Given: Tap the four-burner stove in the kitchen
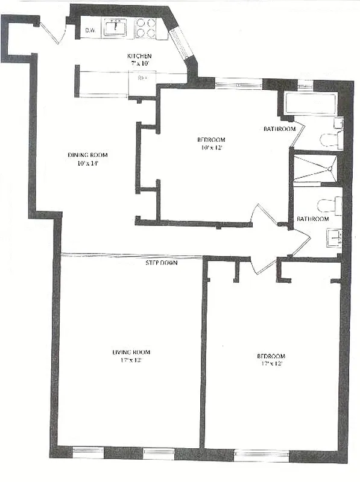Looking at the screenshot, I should [145, 28].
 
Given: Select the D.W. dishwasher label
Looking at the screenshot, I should [91, 30].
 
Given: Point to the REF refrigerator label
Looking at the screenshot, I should [143, 78].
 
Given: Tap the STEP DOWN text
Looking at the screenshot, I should [162, 263].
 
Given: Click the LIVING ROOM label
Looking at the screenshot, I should [131, 352].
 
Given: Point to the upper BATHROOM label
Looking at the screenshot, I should [279, 129].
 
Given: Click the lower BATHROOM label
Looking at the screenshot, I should [312, 219].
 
